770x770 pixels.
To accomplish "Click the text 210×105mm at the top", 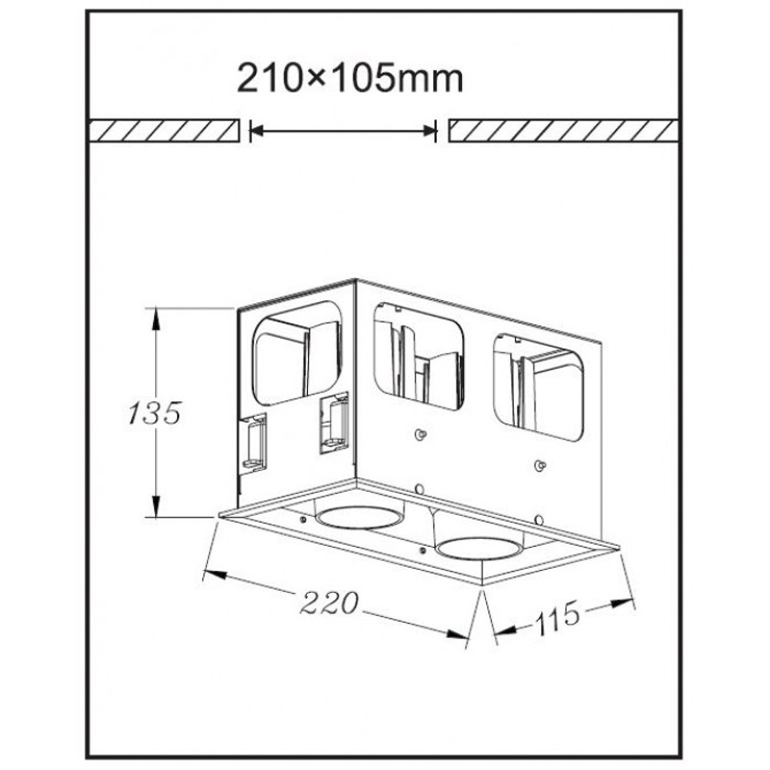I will click(x=351, y=78).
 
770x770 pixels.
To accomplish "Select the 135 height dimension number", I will click(x=155, y=413).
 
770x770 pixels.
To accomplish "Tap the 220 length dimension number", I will click(x=329, y=603).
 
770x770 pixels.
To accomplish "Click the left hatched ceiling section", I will click(x=164, y=130).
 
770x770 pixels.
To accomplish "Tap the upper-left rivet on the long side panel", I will click(x=420, y=434).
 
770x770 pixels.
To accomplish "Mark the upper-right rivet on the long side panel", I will click(x=540, y=465).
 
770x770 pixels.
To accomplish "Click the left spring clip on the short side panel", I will click(x=254, y=443).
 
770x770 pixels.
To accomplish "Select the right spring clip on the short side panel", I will click(x=334, y=423).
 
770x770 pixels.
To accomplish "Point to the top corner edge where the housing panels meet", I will click(x=356, y=281).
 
